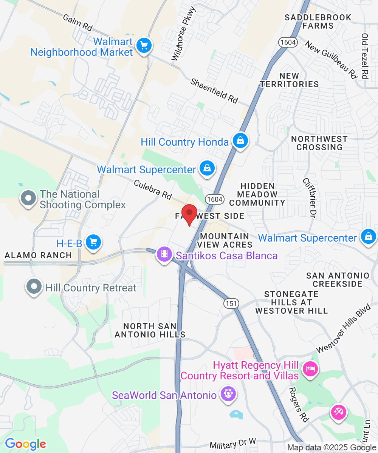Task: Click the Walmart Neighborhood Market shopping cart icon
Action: [144, 46]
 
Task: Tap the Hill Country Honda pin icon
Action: [240, 141]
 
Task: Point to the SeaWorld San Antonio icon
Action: [228, 394]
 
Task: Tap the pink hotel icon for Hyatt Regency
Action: [310, 369]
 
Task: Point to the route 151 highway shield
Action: [230, 303]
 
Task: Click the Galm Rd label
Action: [78, 22]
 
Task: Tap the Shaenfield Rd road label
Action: [214, 91]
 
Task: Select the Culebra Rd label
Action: [152, 189]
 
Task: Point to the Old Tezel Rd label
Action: [365, 56]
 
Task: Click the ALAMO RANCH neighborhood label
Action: [38, 255]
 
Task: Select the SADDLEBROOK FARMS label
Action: [318, 22]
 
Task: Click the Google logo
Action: [25, 444]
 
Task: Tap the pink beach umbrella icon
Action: [338, 411]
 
